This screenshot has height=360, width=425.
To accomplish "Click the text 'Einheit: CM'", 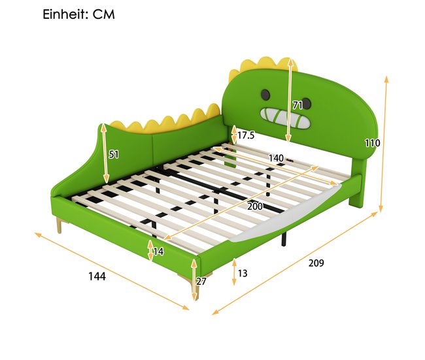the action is tap(78, 14).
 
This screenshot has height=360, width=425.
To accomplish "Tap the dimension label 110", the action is tap(372, 142).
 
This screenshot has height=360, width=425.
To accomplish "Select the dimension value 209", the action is tap(316, 263).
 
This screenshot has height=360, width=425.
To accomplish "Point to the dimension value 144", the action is tap(97, 276).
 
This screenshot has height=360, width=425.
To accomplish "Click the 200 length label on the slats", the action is tap(255, 206).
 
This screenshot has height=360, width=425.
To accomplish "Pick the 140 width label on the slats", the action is tap(276, 158).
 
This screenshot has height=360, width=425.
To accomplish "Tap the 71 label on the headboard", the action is tap(297, 105).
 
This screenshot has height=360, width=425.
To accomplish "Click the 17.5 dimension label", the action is tap(246, 135).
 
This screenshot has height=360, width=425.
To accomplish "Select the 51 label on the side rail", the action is tap(114, 154).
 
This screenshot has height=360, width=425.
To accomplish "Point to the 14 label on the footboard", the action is tap(158, 252).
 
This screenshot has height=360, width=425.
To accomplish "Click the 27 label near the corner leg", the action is tap(201, 282).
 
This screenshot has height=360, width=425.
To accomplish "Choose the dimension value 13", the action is tap(243, 273).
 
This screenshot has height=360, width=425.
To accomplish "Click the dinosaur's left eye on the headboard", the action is tap(265, 94).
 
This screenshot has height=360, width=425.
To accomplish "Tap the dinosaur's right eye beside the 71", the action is tap(307, 103).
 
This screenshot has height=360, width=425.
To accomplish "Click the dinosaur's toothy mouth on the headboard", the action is tap(284, 118).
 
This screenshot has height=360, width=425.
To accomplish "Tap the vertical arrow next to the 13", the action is tap(234, 272).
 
